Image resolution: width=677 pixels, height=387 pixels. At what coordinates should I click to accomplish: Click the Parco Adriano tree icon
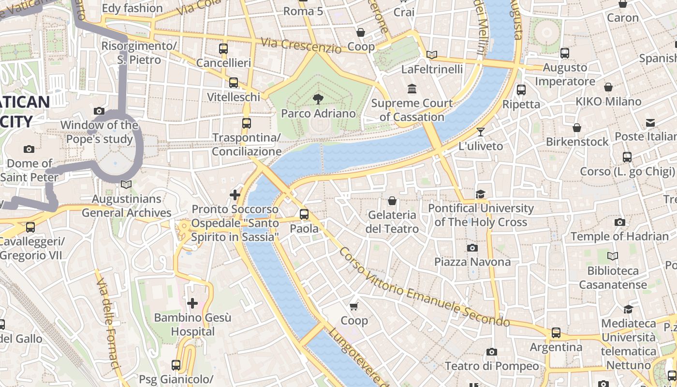[x=318, y=99]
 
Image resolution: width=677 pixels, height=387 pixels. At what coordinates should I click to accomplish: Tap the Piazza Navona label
[x=472, y=262]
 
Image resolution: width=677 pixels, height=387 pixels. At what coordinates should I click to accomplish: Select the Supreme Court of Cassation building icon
[x=412, y=89]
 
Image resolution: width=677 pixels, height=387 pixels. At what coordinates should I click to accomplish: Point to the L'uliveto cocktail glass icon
[x=480, y=132]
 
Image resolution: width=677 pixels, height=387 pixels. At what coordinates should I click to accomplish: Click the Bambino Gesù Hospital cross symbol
[x=192, y=303]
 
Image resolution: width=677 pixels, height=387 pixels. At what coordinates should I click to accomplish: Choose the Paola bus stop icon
[x=304, y=214]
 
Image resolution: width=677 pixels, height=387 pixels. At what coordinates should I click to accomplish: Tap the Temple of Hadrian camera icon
[x=619, y=223]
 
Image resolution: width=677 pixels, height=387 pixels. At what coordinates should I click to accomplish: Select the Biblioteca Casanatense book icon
[x=613, y=256]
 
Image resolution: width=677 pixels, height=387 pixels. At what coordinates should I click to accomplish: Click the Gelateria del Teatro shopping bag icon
[x=392, y=200]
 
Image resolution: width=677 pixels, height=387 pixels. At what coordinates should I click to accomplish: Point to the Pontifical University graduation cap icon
[x=480, y=194]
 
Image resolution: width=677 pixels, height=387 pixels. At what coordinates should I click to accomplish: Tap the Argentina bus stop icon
[x=556, y=333]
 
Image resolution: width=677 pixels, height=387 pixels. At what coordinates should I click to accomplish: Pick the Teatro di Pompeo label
[x=491, y=366]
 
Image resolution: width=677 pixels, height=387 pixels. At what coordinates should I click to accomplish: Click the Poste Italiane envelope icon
[x=650, y=123]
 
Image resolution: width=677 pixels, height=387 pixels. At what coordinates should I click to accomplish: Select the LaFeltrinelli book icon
[x=432, y=55]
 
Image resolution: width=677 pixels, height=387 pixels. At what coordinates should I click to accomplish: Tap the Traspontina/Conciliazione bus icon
[x=247, y=123]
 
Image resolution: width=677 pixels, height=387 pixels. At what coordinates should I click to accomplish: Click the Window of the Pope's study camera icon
[x=99, y=111]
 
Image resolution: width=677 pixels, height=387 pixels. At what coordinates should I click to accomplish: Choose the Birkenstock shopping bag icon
[x=577, y=128]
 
